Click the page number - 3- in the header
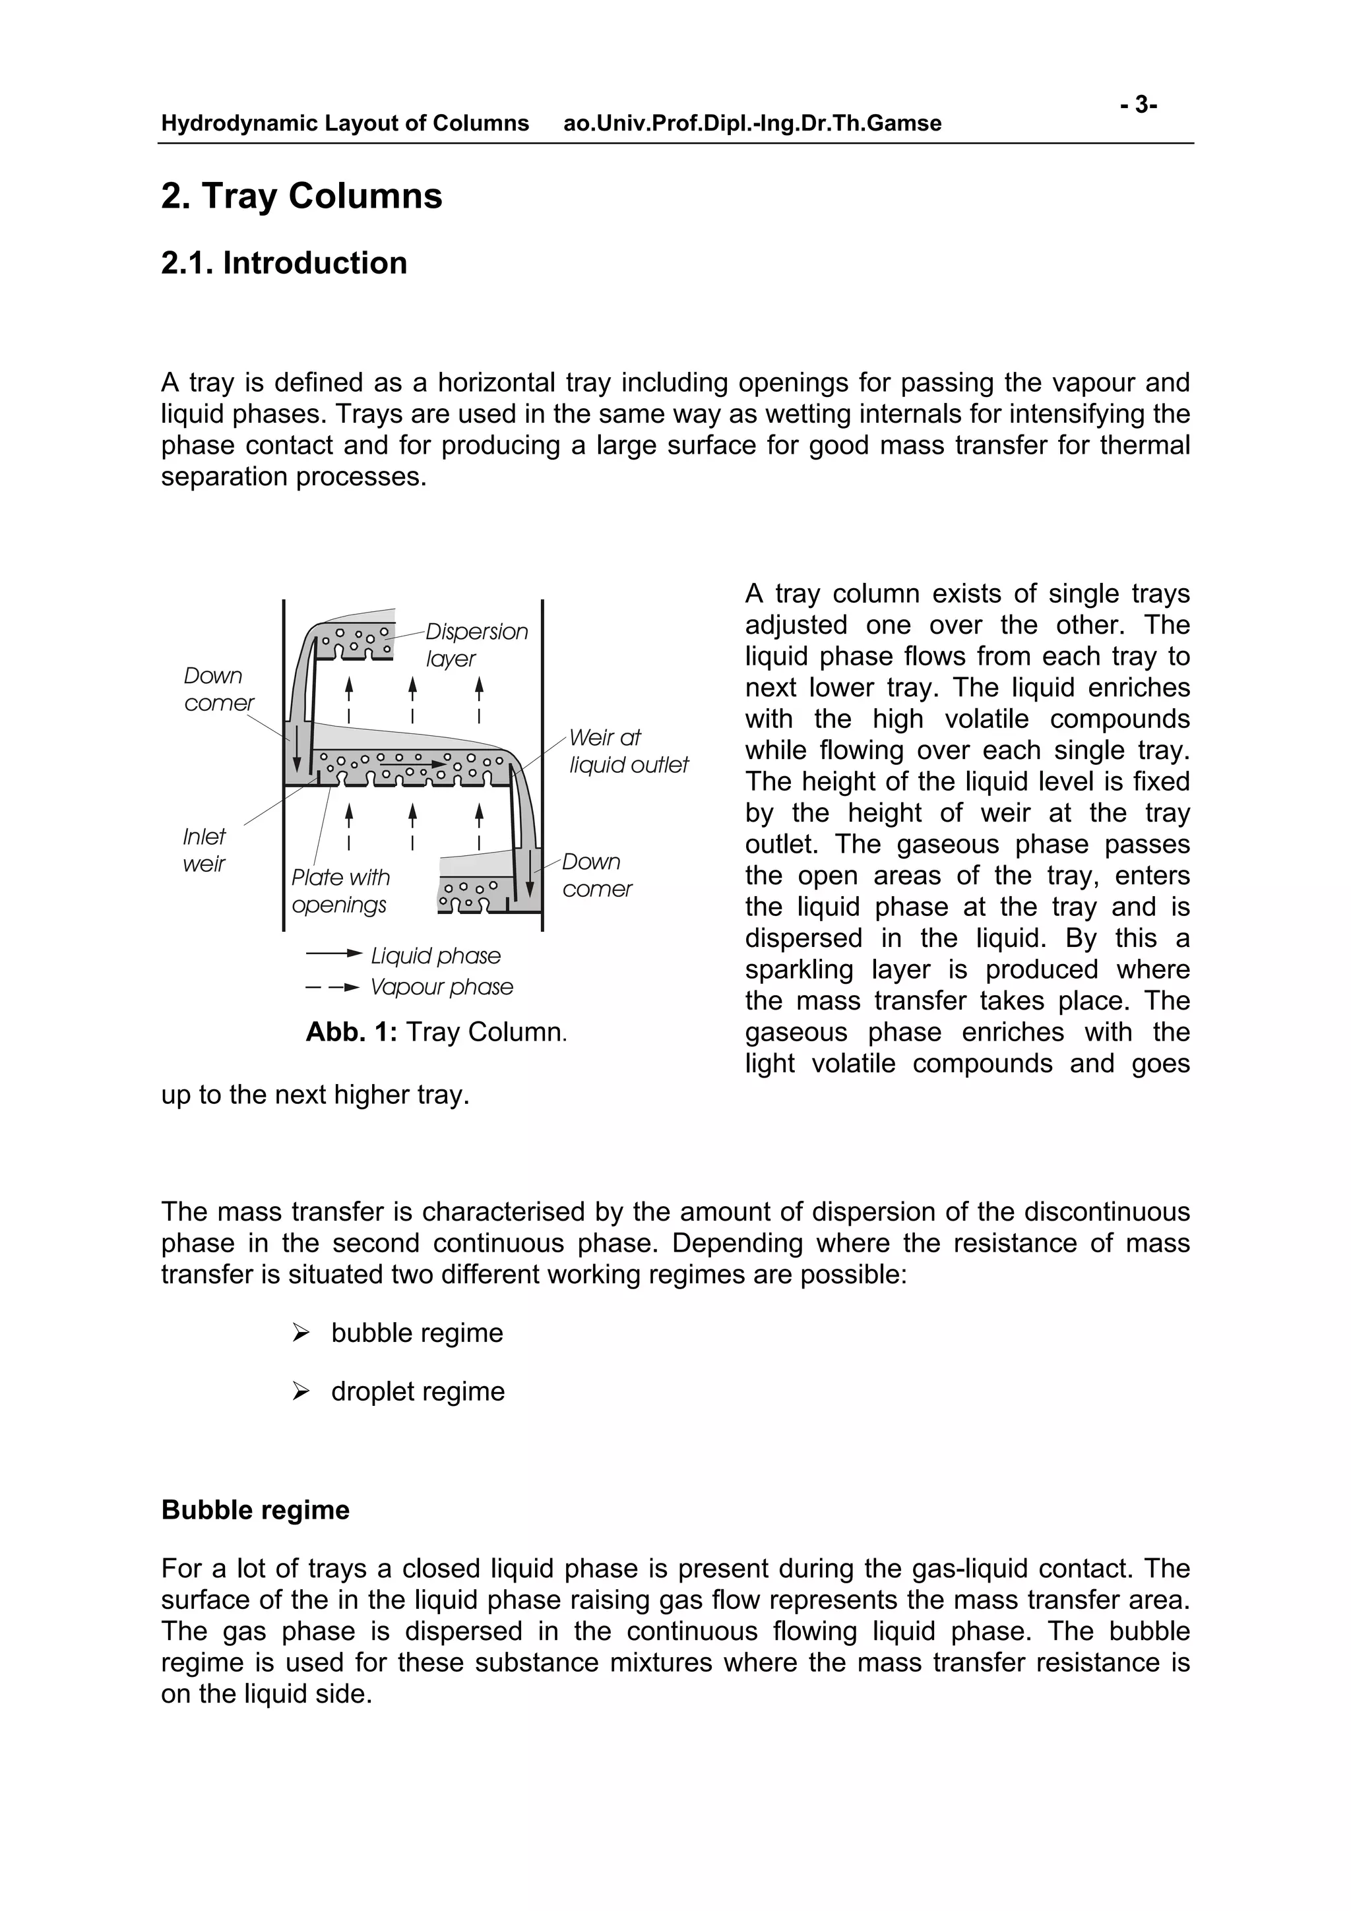pyautogui.click(x=1138, y=105)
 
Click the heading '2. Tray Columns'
pyautogui.click(x=301, y=197)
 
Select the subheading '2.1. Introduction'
pyautogui.click(x=284, y=263)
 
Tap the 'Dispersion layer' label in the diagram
pyautogui.click(x=476, y=644)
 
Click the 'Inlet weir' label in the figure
pyautogui.click(x=204, y=850)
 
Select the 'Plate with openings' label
pyautogui.click(x=340, y=891)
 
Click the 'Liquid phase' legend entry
pyautogui.click(x=435, y=956)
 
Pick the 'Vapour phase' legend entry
pyautogui.click(x=441, y=987)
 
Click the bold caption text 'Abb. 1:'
pyautogui.click(x=352, y=1032)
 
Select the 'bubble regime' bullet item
pyautogui.click(x=416, y=1333)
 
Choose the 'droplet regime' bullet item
pyautogui.click(x=417, y=1391)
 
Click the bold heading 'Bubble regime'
pyautogui.click(x=255, y=1510)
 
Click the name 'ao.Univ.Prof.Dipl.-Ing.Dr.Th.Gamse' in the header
pyautogui.click(x=751, y=124)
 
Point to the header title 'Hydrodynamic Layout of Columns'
pyautogui.click(x=344, y=124)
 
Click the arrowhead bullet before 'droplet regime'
pyautogui.click(x=301, y=1391)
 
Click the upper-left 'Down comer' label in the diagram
pyautogui.click(x=218, y=689)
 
